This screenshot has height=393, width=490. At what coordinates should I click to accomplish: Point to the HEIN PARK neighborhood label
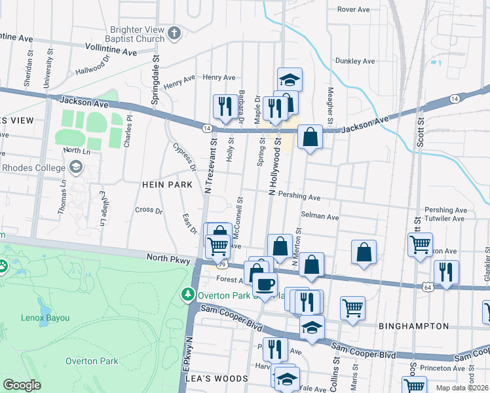point(167,185)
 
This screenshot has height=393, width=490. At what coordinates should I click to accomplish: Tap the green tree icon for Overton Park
point(188,295)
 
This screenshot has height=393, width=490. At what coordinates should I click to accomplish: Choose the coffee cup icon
point(265,284)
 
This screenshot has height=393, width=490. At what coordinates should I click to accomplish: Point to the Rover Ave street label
point(354,9)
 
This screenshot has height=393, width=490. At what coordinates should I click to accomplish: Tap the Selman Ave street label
point(319,217)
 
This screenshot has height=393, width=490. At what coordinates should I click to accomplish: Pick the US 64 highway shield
point(427,287)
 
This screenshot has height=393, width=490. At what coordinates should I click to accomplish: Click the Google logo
point(22,384)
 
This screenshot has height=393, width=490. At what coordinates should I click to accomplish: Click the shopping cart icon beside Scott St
point(419,245)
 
